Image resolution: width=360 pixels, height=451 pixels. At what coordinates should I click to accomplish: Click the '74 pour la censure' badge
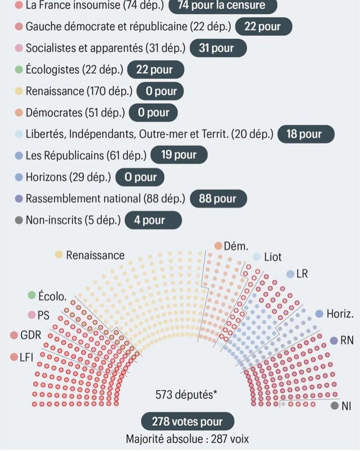[222, 5]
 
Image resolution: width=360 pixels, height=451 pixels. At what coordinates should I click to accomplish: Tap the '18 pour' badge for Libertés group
[305, 134]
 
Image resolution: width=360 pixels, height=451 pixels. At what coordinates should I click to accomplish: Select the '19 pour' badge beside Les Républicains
[179, 155]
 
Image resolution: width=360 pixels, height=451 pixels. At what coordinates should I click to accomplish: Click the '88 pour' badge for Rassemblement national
[218, 199]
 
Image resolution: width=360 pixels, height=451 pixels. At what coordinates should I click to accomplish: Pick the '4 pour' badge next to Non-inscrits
[153, 220]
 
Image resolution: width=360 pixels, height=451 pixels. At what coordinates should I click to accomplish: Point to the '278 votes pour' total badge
[187, 422]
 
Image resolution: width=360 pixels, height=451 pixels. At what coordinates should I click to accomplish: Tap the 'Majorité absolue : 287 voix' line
[187, 439]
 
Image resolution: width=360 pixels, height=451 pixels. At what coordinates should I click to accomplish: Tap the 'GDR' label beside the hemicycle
[30, 335]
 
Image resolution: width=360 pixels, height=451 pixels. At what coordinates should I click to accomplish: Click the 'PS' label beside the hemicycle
[43, 315]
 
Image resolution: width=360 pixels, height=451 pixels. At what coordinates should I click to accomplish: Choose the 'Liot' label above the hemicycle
[273, 257]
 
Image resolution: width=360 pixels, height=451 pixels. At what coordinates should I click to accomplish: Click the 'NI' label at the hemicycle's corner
[346, 406]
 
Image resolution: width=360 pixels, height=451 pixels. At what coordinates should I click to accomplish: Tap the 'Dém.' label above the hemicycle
[236, 246]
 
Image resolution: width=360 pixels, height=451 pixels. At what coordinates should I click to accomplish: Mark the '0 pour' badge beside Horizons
[140, 177]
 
